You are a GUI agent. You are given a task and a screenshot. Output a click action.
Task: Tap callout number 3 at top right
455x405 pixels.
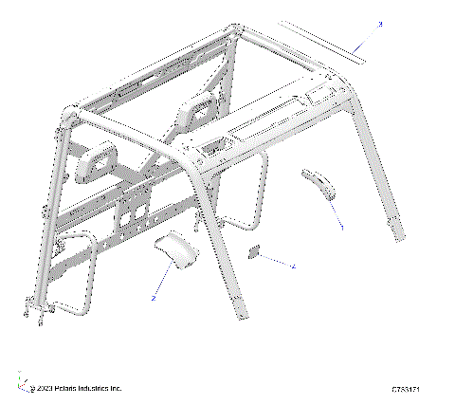(x=380, y=23)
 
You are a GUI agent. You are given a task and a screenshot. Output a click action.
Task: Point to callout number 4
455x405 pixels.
(x=294, y=267)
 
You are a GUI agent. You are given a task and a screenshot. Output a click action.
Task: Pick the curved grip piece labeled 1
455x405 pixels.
(x=320, y=184)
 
